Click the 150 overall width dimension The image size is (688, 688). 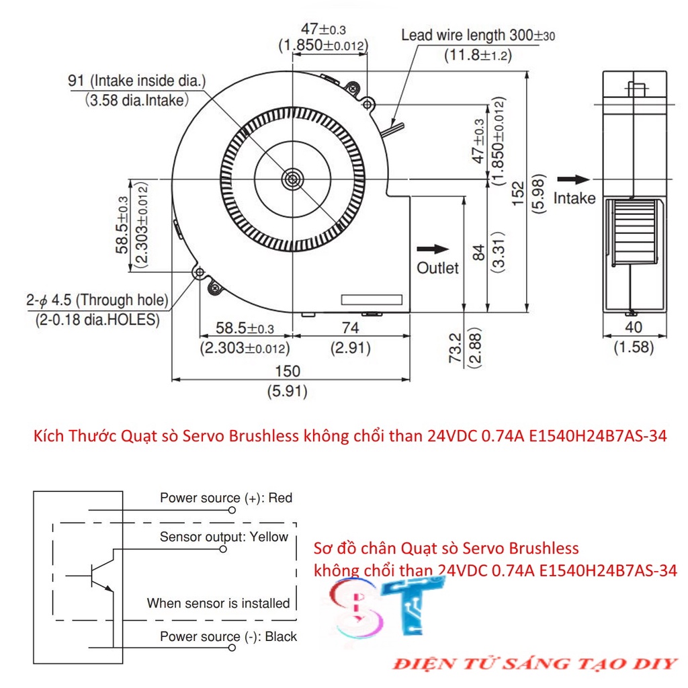point(287,371)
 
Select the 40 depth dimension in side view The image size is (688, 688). point(634,327)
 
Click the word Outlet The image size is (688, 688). point(437,268)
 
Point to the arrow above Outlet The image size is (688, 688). point(433,249)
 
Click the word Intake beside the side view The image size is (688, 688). point(574,198)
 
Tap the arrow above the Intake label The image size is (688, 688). point(573,179)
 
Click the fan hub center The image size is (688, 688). point(292,179)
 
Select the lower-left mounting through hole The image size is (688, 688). point(200,272)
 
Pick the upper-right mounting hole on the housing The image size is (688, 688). point(367,105)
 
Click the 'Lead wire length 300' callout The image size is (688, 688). point(478,35)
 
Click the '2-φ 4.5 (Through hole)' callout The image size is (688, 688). point(97,300)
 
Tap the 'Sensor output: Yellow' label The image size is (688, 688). point(224,537)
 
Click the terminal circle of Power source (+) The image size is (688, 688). point(232,511)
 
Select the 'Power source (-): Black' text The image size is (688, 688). point(228,636)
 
